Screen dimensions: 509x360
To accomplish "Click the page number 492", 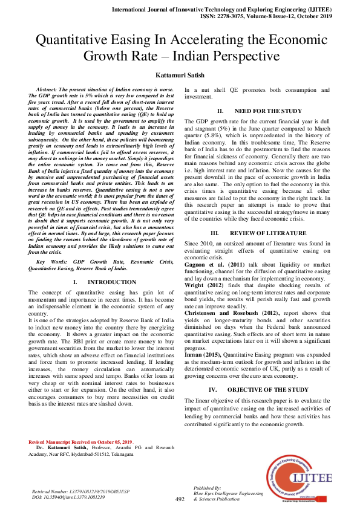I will click(x=180, y=499).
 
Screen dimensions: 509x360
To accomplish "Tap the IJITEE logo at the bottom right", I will click(x=297, y=478).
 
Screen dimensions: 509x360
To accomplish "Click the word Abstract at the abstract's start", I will click(x=49, y=89).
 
